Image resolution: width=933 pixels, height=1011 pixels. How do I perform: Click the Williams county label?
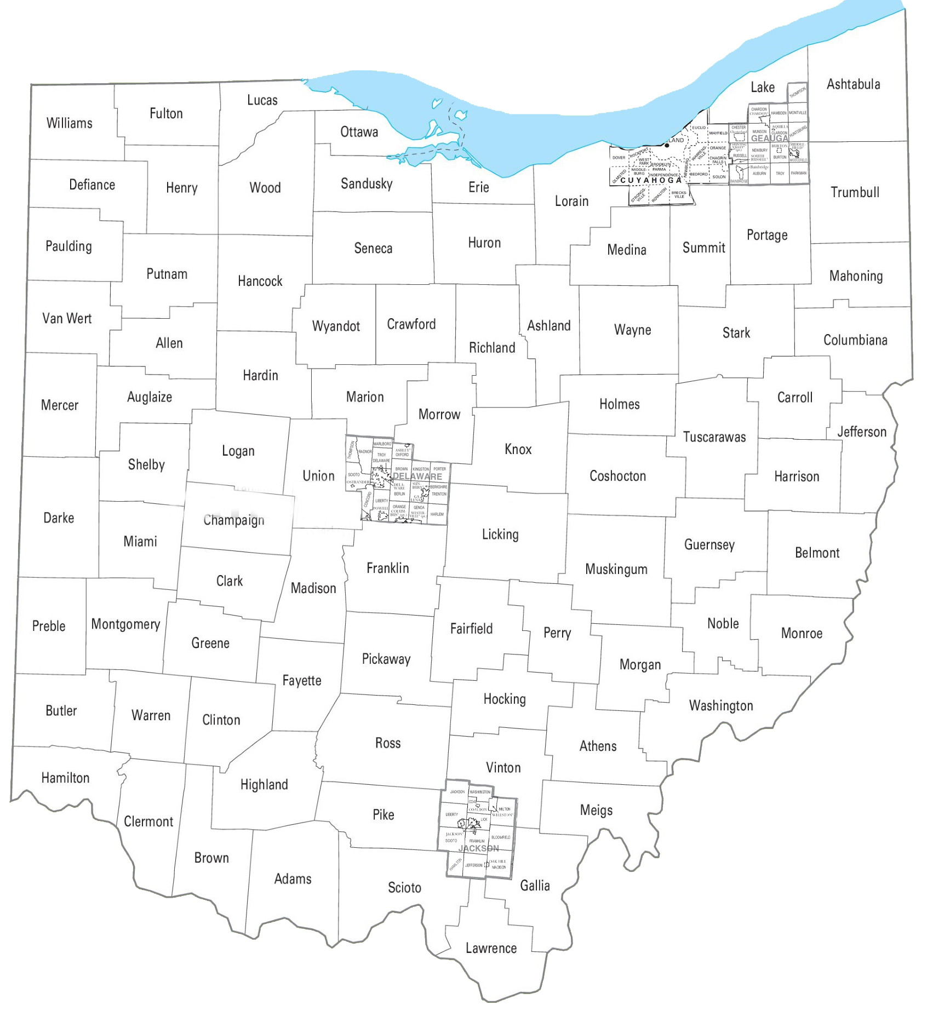click(x=69, y=123)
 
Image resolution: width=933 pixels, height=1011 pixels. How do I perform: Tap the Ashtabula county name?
click(x=853, y=84)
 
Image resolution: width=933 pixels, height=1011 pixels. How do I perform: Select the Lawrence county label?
click(x=491, y=948)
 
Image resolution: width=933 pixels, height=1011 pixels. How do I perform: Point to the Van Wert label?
click(x=67, y=318)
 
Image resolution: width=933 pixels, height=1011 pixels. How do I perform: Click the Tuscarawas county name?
click(x=714, y=437)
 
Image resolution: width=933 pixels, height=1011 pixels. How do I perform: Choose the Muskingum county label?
click(x=616, y=569)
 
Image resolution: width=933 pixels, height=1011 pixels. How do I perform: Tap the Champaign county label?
click(x=234, y=520)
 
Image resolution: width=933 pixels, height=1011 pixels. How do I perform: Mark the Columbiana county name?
click(x=855, y=340)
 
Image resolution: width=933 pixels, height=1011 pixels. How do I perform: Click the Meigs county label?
click(x=596, y=810)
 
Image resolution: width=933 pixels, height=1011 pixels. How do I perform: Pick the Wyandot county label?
click(x=336, y=326)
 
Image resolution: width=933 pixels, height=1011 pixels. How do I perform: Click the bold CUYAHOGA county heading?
click(x=651, y=180)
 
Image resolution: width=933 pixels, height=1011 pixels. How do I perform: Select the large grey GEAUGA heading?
click(x=769, y=139)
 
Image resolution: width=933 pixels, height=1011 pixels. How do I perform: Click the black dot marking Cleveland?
click(x=667, y=145)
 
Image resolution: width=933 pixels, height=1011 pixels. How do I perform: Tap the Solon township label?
click(x=719, y=177)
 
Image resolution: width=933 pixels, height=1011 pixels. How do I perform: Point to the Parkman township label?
click(x=798, y=173)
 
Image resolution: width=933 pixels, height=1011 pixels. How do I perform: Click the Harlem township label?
click(x=437, y=514)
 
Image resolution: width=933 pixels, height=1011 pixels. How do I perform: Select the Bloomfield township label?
click(x=501, y=837)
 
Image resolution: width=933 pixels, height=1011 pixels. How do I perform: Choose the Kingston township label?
click(x=420, y=469)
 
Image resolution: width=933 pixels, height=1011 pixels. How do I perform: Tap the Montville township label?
click(x=797, y=113)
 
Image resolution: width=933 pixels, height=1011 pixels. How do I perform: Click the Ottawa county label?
click(x=359, y=132)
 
